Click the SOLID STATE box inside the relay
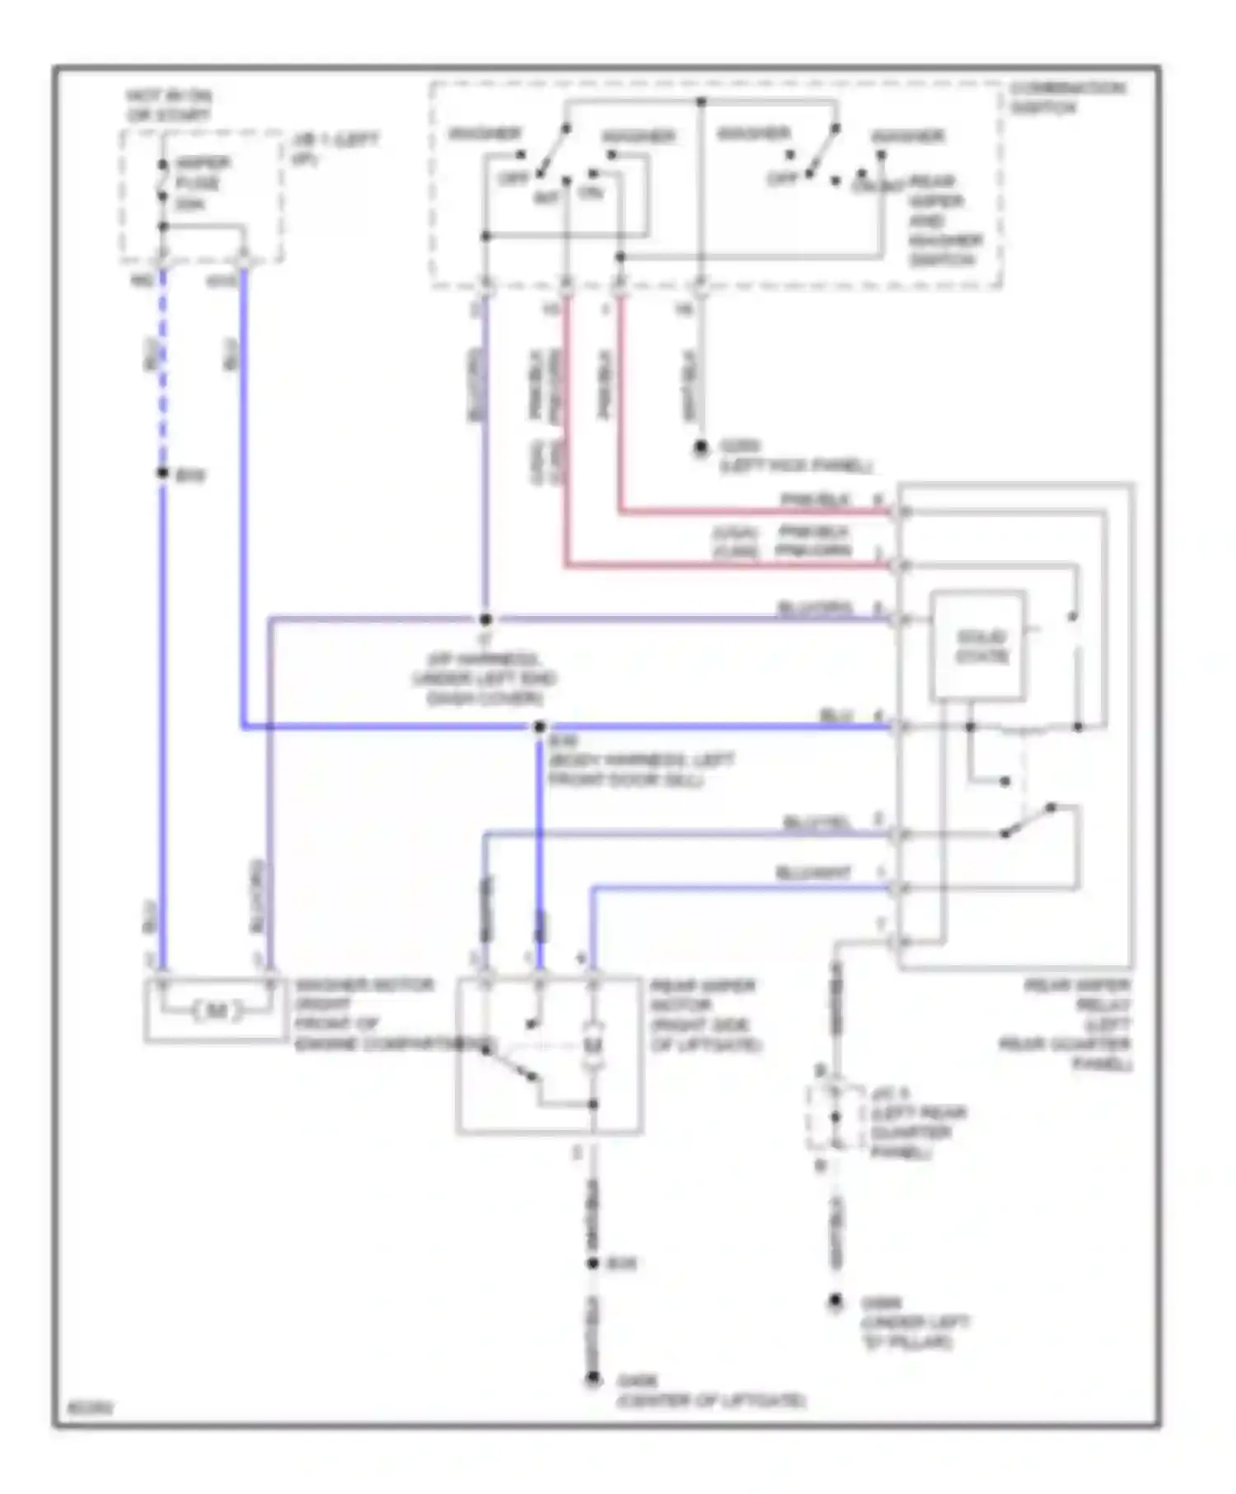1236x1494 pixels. click(x=979, y=647)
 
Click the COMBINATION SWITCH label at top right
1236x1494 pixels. click(x=1066, y=98)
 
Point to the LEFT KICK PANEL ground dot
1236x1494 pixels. click(x=700, y=447)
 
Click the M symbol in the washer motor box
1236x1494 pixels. click(x=216, y=1010)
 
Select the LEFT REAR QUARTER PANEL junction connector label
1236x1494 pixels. click(x=916, y=1123)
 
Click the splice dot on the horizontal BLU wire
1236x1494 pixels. click(x=540, y=727)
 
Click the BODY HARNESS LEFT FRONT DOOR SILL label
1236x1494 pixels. click(x=639, y=769)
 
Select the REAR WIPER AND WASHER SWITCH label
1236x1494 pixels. click(x=943, y=221)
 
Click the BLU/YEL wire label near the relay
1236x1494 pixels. click(x=816, y=823)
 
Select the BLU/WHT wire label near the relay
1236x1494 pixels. click(x=812, y=873)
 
